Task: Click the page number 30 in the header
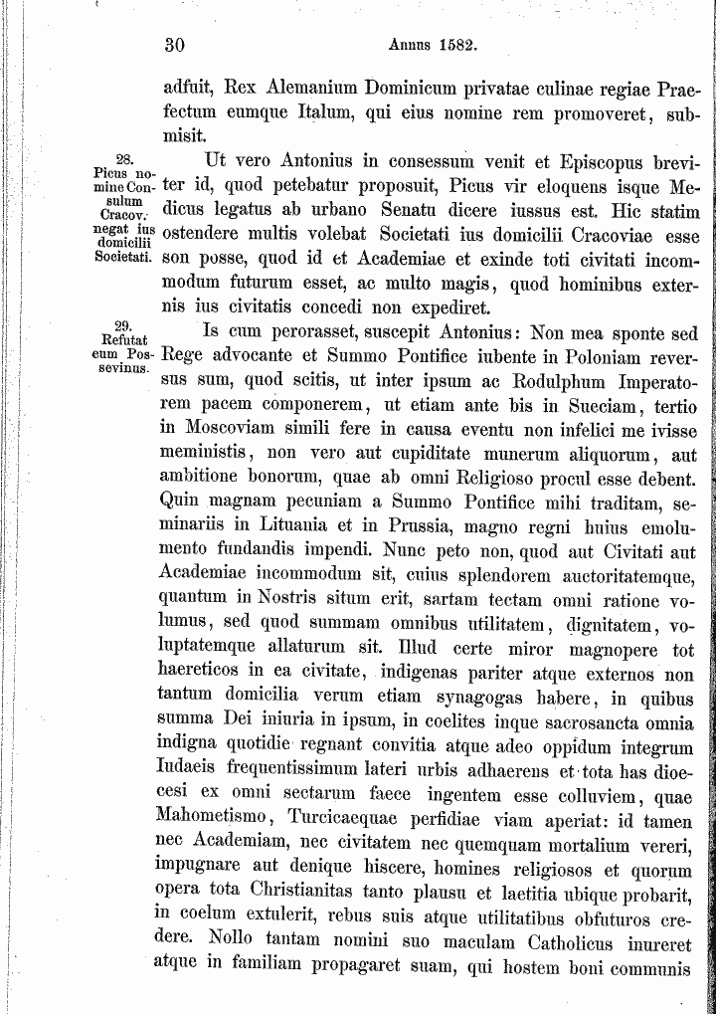point(175,45)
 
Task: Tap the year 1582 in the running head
point(459,45)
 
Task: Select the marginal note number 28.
point(124,159)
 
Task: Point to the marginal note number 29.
point(124,325)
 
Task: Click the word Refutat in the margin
point(124,339)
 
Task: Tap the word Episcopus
point(594,159)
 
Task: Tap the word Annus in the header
point(409,45)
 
